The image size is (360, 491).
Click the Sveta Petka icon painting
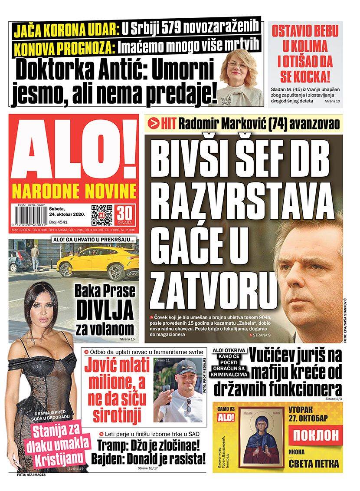pos(262,438)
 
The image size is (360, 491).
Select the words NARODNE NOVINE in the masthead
pos(74,190)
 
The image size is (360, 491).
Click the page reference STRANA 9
pos(262,335)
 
